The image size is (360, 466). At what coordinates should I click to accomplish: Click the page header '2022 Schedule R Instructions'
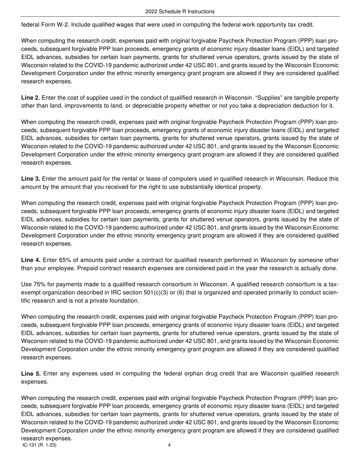(180, 12)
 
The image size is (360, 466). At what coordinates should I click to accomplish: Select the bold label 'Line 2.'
(30, 98)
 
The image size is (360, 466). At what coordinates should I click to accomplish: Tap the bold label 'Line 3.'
(30, 179)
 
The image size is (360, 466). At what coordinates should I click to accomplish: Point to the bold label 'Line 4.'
(30, 260)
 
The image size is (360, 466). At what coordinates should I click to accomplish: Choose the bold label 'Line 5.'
(31, 374)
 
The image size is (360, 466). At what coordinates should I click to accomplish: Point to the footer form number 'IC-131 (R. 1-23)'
(40, 445)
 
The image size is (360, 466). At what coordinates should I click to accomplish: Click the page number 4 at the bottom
(169, 445)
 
